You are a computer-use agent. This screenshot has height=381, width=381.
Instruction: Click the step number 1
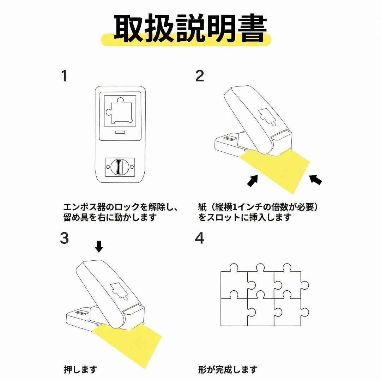click(x=64, y=76)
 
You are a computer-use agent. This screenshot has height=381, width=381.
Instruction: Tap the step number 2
click(x=199, y=76)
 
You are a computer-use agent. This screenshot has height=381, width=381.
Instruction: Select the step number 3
click(x=65, y=238)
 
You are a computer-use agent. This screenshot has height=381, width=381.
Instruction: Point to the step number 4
click(x=199, y=238)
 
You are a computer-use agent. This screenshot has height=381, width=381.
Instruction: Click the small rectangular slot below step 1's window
click(x=120, y=133)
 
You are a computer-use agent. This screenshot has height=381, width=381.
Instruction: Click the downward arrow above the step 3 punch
click(x=99, y=246)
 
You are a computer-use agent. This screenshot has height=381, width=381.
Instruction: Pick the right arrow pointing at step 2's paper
click(x=316, y=179)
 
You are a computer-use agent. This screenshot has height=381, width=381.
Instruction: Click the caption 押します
click(x=80, y=370)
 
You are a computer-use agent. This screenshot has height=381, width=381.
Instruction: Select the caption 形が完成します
click(x=228, y=370)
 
